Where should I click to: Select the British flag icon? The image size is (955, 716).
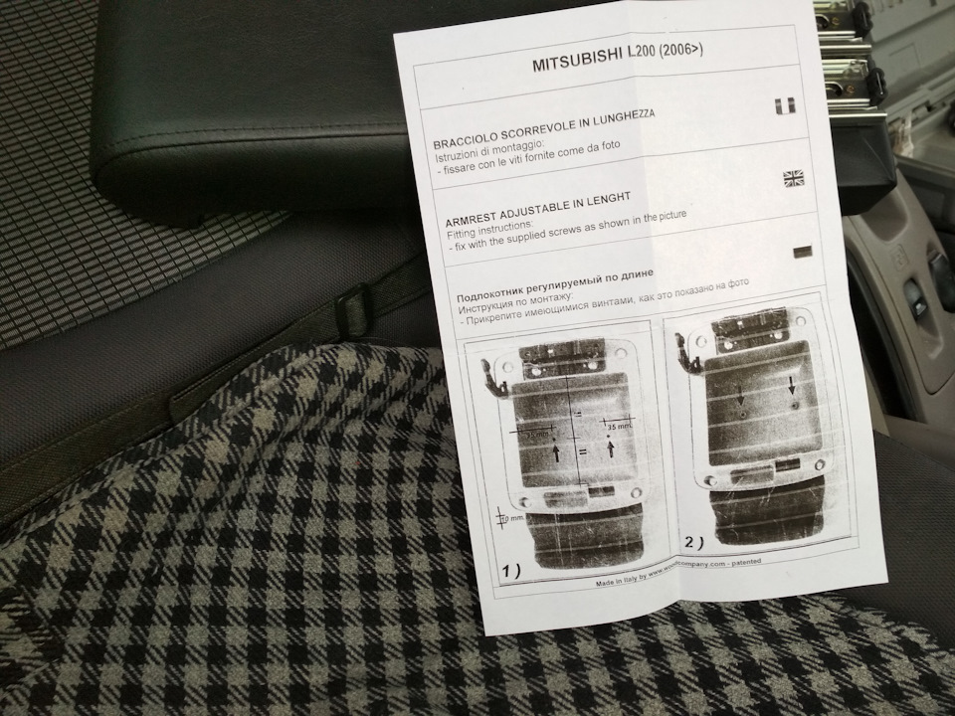click(x=794, y=178)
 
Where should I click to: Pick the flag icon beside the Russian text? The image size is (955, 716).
click(x=802, y=252)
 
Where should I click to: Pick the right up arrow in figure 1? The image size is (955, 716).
click(x=608, y=449)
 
